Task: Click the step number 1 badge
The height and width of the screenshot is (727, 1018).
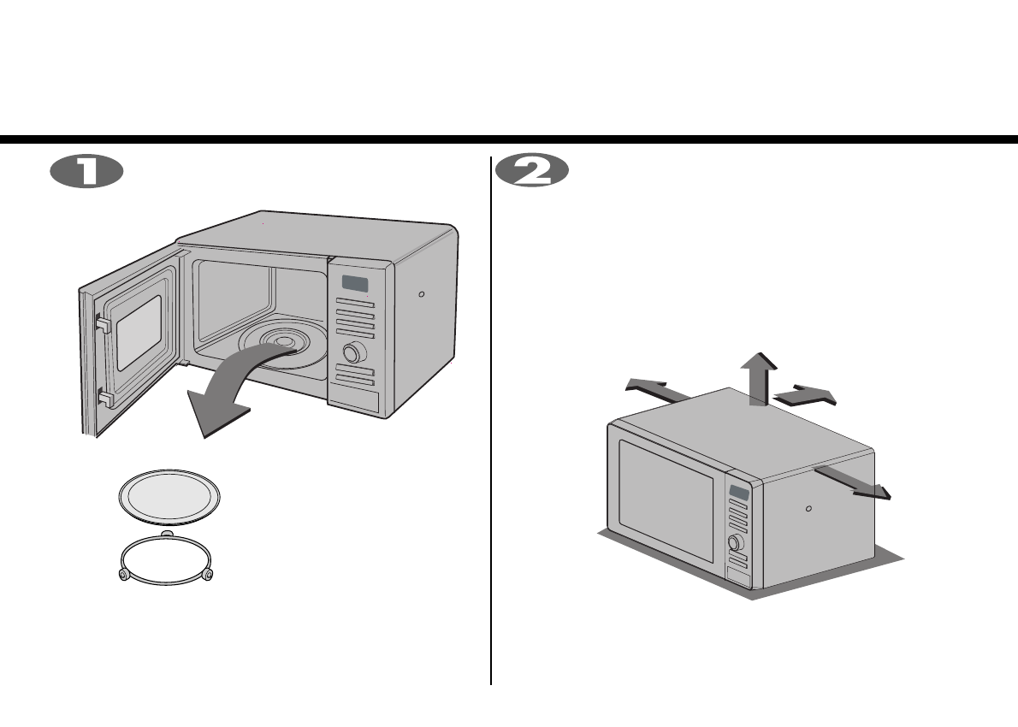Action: coord(86,171)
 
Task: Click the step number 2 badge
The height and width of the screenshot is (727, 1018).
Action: coord(532,171)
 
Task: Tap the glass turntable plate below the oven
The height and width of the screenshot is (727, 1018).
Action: coord(169,496)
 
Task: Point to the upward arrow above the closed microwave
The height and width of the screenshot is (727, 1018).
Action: coord(758,376)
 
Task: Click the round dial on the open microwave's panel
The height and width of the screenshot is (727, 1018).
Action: coord(351,352)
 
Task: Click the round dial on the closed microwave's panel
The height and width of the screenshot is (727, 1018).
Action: coord(733,542)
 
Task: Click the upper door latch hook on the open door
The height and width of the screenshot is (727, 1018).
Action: coord(103,323)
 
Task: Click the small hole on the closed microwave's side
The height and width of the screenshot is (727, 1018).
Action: coord(809,507)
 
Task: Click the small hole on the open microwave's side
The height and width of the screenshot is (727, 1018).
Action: coord(421,293)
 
